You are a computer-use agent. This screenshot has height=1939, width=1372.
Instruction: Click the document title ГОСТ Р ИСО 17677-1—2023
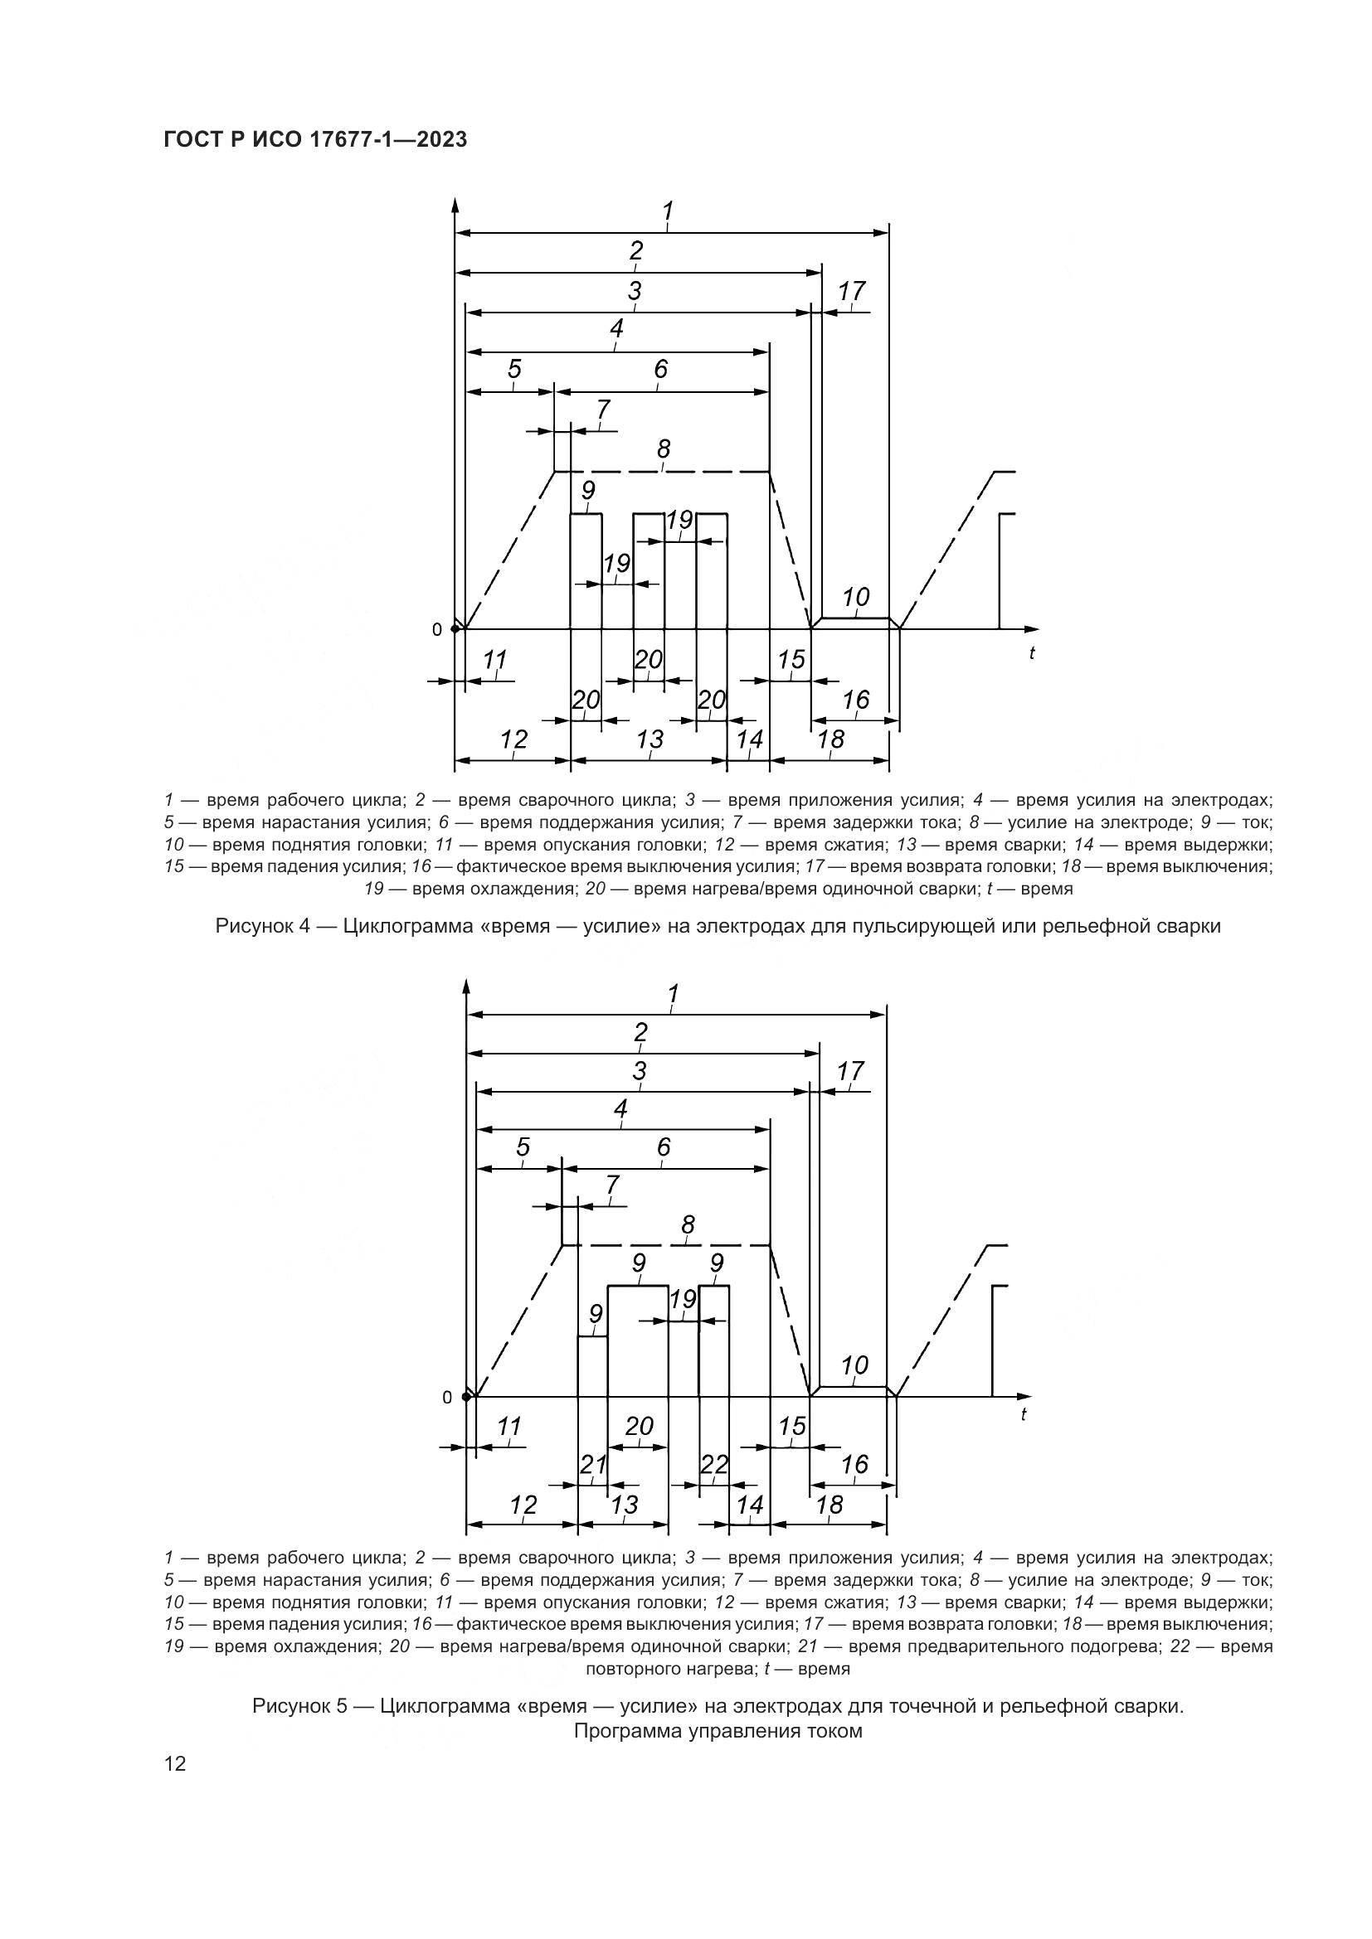315,140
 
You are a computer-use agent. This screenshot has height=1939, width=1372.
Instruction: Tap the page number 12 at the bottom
175,1763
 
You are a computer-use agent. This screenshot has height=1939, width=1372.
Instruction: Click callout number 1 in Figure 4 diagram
669,211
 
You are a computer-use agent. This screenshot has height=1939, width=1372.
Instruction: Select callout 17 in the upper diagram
852,290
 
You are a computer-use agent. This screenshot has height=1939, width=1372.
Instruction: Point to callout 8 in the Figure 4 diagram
664,449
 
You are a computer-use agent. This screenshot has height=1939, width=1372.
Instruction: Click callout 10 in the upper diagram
856,597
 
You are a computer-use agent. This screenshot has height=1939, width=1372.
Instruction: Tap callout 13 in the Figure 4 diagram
650,739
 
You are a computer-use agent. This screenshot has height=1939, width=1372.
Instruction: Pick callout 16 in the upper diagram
856,700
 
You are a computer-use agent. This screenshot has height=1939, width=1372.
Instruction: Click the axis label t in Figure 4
1032,652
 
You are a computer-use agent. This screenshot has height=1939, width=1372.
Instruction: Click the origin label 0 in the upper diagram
437,629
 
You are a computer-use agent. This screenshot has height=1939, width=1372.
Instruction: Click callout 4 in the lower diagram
621,1109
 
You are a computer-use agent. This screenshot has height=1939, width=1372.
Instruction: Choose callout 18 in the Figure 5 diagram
830,1504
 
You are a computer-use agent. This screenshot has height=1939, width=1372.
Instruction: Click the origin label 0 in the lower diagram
447,1398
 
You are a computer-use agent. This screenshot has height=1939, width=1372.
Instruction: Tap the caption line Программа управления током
718,1731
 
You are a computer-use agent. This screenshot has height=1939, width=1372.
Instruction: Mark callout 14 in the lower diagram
750,1504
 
